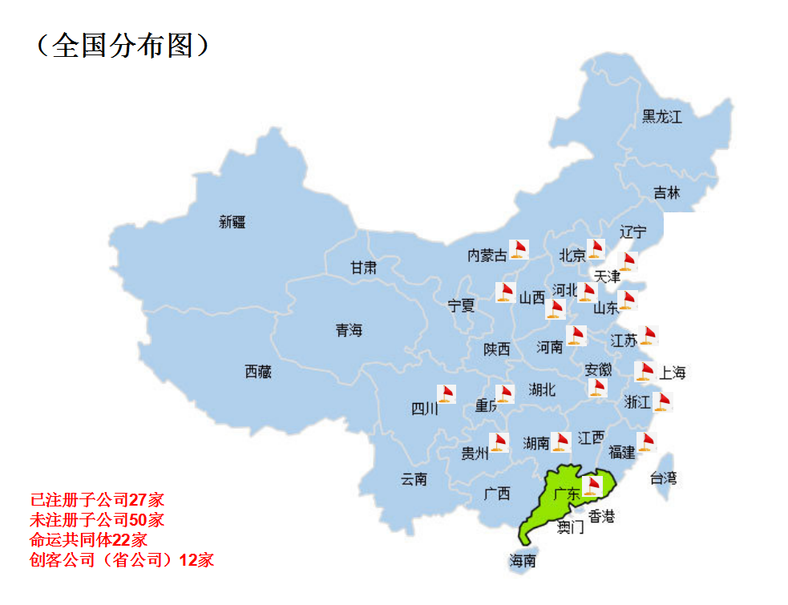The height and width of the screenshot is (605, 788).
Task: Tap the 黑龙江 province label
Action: pyautogui.click(x=661, y=117)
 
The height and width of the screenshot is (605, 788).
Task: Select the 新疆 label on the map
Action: pyautogui.click(x=232, y=222)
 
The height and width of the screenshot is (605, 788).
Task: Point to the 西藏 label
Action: pyautogui.click(x=258, y=372)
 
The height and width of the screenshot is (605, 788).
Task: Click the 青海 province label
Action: pyautogui.click(x=349, y=330)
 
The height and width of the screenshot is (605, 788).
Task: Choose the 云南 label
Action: pyautogui.click(x=414, y=479)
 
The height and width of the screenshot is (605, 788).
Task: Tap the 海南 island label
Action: pyautogui.click(x=522, y=561)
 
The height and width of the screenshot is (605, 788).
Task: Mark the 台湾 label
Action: pyautogui.click(x=663, y=478)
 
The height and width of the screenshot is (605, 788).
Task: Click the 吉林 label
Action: pyautogui.click(x=666, y=193)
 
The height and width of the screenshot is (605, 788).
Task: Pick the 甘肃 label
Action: pyautogui.click(x=363, y=268)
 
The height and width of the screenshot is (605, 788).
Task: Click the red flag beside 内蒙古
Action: pyautogui.click(x=519, y=249)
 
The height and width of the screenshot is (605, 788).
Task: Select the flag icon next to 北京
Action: pyautogui.click(x=596, y=249)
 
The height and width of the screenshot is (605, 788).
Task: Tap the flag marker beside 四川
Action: pyautogui.click(x=447, y=394)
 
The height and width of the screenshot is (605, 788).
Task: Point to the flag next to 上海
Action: pyautogui.click(x=645, y=371)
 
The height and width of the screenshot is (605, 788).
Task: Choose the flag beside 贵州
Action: pyautogui.click(x=499, y=442)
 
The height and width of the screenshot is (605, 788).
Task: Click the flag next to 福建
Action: pyautogui.click(x=647, y=442)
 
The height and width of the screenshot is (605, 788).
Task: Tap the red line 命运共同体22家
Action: pyautogui.click(x=88, y=539)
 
